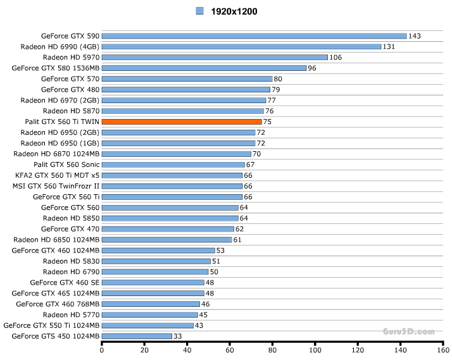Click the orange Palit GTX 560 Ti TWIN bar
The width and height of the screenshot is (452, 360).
coord(182,121)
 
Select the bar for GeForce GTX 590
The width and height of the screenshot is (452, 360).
coord(254,36)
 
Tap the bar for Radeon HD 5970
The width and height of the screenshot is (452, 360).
coord(215,58)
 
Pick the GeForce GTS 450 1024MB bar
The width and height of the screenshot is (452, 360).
coord(137,336)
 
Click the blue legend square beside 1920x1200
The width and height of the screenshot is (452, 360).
coord(200,11)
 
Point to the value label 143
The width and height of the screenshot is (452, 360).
coord(415,36)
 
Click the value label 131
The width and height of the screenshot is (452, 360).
coord(389,47)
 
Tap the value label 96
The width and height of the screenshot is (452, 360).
coord(312,68)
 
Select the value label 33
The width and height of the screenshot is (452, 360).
coord(178,336)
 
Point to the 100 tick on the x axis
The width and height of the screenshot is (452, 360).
coord(315,349)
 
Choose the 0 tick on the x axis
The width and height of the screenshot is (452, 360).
coord(102,349)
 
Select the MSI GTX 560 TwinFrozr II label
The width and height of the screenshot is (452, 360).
coord(56,186)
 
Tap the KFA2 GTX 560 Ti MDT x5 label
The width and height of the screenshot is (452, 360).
coord(57,175)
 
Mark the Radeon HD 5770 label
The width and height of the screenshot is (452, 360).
coord(71,314)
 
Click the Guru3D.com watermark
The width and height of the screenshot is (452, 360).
coord(408,331)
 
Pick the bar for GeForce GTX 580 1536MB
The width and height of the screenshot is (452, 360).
coord(204,68)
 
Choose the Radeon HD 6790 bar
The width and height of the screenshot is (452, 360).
coord(155,271)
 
